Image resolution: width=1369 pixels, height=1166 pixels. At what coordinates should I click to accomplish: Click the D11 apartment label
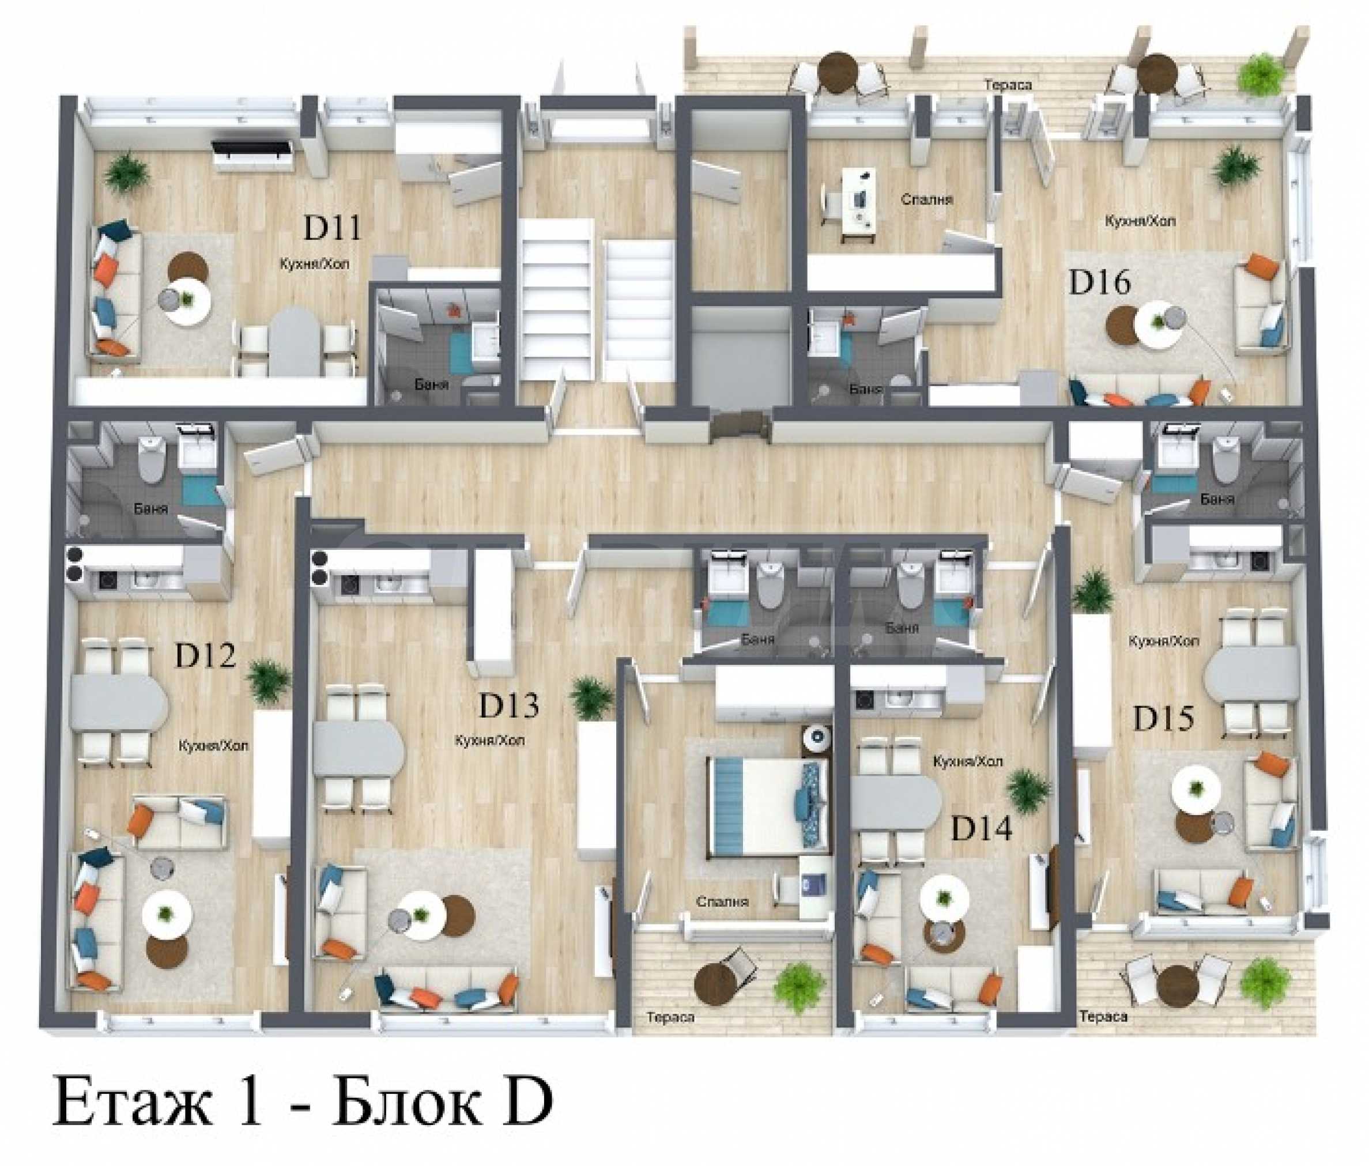coord(333,229)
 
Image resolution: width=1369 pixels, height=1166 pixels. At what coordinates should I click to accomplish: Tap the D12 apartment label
coord(205,656)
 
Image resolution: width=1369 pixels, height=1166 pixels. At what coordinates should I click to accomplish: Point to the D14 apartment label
coord(981,829)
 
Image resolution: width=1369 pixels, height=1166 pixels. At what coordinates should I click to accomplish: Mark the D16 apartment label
coord(1100,284)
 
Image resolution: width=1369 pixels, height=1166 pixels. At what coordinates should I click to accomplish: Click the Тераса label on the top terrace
coord(1008,85)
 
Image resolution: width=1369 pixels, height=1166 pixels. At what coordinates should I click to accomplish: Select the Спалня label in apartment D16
coord(927,199)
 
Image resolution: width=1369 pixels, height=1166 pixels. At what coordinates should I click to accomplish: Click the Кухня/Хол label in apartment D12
coord(213,746)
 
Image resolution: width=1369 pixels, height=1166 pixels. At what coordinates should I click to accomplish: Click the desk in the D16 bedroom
coord(858,205)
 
